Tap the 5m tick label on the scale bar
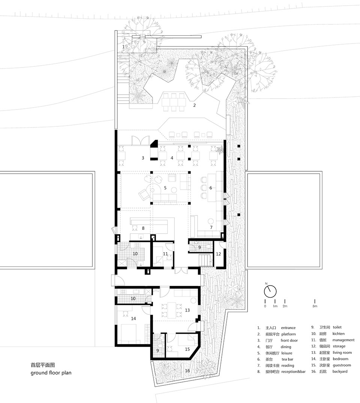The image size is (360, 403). [x=315, y=306]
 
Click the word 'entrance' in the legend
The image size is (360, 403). [x=288, y=328]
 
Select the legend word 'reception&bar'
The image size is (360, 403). [x=293, y=372]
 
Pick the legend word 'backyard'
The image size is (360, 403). [x=340, y=372]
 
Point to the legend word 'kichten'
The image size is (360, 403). [x=338, y=334]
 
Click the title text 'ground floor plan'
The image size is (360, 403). [x=51, y=373]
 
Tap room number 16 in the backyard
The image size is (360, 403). [x=187, y=371]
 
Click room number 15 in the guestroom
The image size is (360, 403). [x=187, y=349]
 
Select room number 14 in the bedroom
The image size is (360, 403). [x=133, y=318]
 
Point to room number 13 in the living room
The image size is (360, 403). [x=187, y=310]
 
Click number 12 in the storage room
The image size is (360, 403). [x=218, y=254]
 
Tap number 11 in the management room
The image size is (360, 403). [x=165, y=254]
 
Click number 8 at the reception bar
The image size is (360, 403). [x=143, y=228]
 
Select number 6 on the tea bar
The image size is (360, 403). [x=211, y=188]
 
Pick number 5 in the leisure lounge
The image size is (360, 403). [x=165, y=188]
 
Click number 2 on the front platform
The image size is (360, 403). [x=194, y=105]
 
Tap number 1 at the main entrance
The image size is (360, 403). [x=123, y=47]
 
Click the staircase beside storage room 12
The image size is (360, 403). [x=206, y=260]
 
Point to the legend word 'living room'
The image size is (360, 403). [x=342, y=353]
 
